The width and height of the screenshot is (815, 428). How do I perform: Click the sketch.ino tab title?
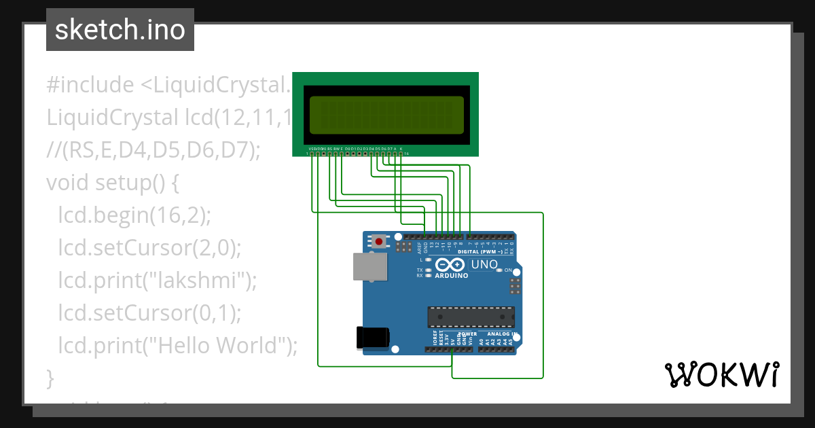click(120, 30)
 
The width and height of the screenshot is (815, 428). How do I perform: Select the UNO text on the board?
click(484, 264)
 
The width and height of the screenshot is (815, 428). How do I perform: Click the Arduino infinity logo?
click(450, 265)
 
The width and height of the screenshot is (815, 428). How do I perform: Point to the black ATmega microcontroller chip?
click(471, 317)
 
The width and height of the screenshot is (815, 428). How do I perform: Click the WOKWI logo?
click(721, 374)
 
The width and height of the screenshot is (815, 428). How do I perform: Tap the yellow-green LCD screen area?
click(386, 114)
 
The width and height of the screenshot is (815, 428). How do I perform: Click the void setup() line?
click(112, 183)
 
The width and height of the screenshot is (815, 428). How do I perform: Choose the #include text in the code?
click(90, 85)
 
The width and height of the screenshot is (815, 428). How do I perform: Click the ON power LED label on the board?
click(507, 270)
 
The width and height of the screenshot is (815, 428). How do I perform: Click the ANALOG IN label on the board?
click(499, 334)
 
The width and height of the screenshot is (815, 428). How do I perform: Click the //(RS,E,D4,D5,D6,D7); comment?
click(153, 150)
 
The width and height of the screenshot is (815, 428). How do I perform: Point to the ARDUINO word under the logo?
click(451, 277)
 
